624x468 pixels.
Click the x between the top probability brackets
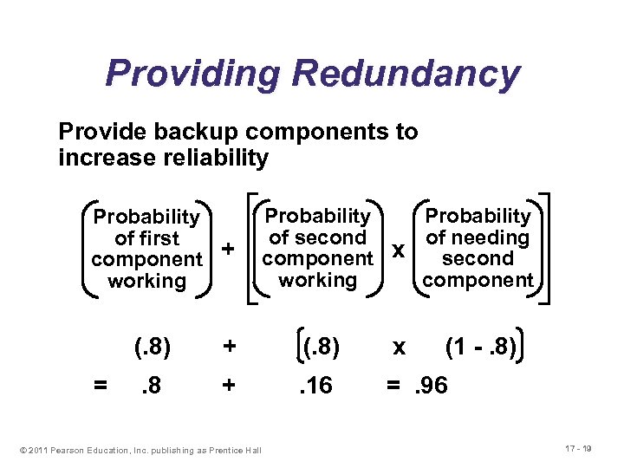(398, 250)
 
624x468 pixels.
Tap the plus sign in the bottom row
(229, 384)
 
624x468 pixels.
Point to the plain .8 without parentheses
(152, 384)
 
